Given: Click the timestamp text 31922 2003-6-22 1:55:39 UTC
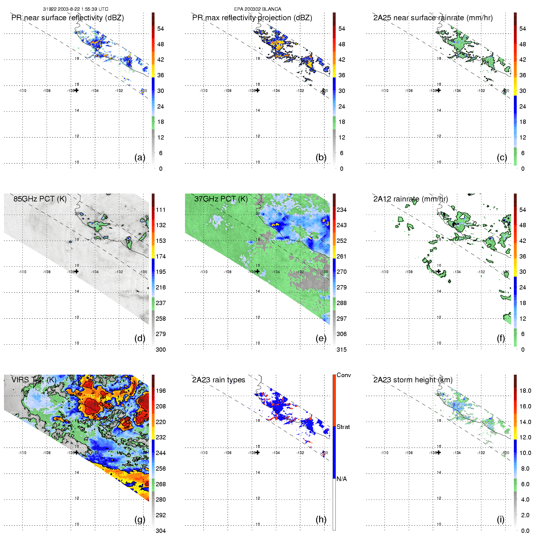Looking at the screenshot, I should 75,9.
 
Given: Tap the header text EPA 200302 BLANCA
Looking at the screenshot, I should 258,9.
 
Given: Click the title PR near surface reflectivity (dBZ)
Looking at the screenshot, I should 67,18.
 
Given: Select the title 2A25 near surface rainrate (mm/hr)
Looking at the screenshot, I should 433,18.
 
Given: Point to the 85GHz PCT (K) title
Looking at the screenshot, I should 40,199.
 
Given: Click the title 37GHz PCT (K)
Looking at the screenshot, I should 221,199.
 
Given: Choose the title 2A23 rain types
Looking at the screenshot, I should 219,380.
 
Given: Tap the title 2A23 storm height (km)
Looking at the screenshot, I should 413,380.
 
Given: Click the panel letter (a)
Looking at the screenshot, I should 140,157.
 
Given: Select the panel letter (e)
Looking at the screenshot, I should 321,338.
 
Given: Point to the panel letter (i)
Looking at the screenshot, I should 501,519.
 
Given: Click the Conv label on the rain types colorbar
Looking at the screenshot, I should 344,375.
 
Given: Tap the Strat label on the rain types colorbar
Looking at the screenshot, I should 343,427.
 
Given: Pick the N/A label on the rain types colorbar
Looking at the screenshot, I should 342,479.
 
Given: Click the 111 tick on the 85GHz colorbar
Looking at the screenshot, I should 161,210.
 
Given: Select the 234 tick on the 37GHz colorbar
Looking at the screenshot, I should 342,210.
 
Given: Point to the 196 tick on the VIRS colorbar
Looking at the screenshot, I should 161,391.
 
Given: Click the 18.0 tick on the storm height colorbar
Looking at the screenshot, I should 525,391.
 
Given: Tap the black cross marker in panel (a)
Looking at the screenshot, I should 77,90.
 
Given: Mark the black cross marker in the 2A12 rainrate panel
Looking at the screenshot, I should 439,271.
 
